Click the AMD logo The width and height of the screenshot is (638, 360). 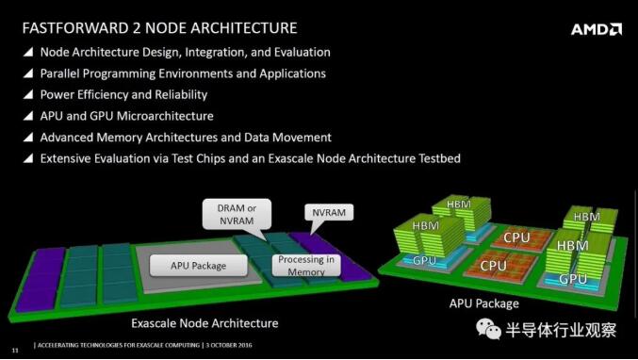coord(597,29)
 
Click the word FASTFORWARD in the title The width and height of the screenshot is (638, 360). coord(74,28)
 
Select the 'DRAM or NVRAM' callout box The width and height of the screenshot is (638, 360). coord(237,214)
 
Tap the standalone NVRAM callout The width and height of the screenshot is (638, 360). coord(329,212)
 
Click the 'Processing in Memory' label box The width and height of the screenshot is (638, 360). coord(306,265)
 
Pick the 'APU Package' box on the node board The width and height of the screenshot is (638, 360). coord(198,266)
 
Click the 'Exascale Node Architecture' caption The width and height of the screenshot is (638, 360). coord(204,323)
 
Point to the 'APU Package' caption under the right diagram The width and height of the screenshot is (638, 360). coord(483,303)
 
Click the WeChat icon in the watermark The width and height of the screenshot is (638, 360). coord(488,329)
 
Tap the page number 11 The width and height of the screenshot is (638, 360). coord(15,351)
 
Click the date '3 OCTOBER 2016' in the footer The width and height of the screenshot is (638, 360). coord(229,345)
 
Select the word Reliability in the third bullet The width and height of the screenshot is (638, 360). coord(181,95)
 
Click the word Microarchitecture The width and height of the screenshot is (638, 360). coord(165,116)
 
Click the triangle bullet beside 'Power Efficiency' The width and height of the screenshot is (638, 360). coord(28,94)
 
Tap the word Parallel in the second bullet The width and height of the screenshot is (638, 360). coord(59,74)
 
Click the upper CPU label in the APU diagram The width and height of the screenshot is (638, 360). coord(516,237)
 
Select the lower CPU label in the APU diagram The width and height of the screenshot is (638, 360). coord(493,266)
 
